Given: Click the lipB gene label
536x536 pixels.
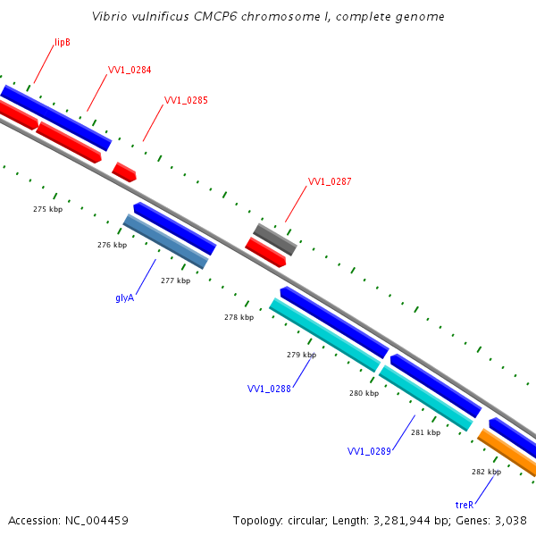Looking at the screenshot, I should coord(62,42).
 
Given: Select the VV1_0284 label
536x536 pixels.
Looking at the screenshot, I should coord(129,69).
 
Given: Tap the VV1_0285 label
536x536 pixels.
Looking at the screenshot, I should coord(186,100).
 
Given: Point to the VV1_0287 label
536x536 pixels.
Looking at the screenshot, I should coord(330,181).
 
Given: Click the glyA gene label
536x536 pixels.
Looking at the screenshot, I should coord(125,297).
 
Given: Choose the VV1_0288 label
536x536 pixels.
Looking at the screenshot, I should coord(269,389).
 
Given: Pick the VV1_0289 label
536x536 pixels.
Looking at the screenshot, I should coord(369,451).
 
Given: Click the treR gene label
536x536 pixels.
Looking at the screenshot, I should coord(465,505).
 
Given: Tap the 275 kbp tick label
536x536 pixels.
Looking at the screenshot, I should coord(47,209).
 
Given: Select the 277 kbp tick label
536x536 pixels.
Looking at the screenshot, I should coord(175,281).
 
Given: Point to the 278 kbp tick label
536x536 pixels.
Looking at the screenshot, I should coord(239,317).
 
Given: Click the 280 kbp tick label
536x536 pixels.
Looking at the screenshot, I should coord(364,393).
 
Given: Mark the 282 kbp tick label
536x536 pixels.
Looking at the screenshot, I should coord(486,472).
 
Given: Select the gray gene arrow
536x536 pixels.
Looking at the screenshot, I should coord(274,239).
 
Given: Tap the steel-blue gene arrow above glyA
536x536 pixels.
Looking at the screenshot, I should coord(165,241).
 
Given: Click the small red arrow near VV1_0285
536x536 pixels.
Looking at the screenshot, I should coord(124,172).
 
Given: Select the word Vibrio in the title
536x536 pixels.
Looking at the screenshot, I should coord(110,17).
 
